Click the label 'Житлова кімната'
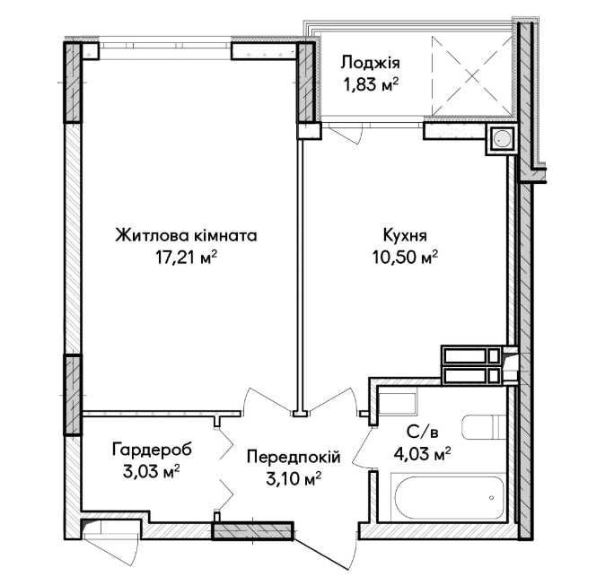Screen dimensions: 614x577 pyautogui.click(x=186, y=236)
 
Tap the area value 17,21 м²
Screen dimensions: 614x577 pyautogui.click(x=187, y=258)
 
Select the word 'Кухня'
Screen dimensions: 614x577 pyautogui.click(x=405, y=236)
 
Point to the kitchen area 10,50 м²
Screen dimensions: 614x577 pyautogui.click(x=405, y=258)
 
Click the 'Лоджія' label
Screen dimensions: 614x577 pyautogui.click(x=370, y=63)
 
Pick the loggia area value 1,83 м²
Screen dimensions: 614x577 pyautogui.click(x=371, y=83)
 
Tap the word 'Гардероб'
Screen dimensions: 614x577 pyautogui.click(x=152, y=450)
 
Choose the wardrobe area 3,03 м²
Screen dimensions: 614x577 pyautogui.click(x=151, y=471)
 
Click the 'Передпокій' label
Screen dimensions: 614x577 pyautogui.click(x=294, y=457)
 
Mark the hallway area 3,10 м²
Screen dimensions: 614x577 pyautogui.click(x=294, y=479)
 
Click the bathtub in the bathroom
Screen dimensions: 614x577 pyautogui.click(x=451, y=497)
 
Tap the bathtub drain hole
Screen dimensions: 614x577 pyautogui.click(x=491, y=498)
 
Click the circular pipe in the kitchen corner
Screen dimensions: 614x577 pyautogui.click(x=501, y=138)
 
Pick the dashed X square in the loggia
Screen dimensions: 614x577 pyautogui.click(x=472, y=76)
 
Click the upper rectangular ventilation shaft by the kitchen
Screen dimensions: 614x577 pyautogui.click(x=471, y=355)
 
